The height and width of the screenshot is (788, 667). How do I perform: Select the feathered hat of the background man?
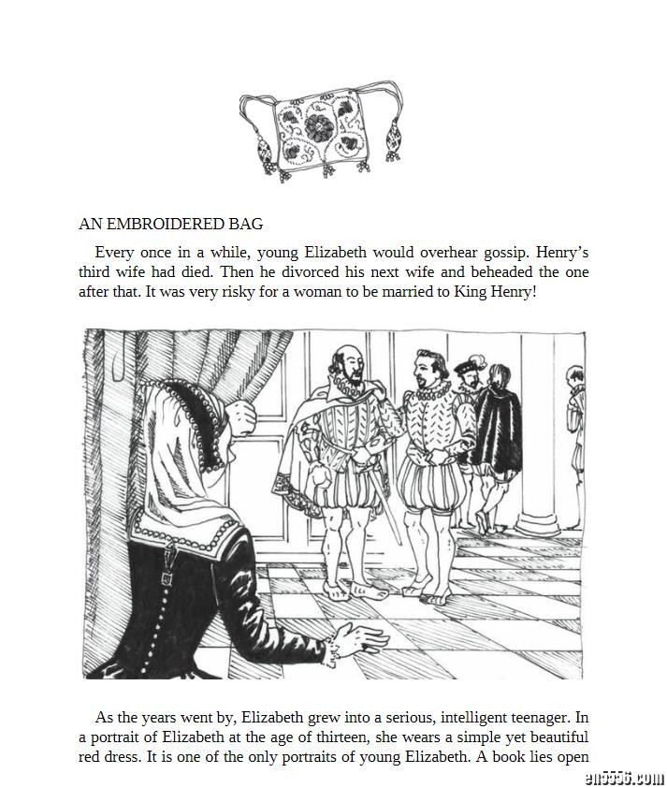pos(471,364)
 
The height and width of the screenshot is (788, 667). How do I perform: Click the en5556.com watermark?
pos(612,776)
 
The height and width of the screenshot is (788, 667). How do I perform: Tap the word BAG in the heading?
pos(246,224)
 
